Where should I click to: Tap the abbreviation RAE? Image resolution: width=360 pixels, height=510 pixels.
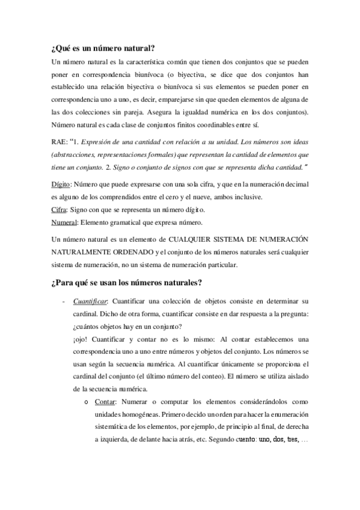coord(59,142)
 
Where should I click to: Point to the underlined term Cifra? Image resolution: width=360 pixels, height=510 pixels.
coord(59,210)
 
